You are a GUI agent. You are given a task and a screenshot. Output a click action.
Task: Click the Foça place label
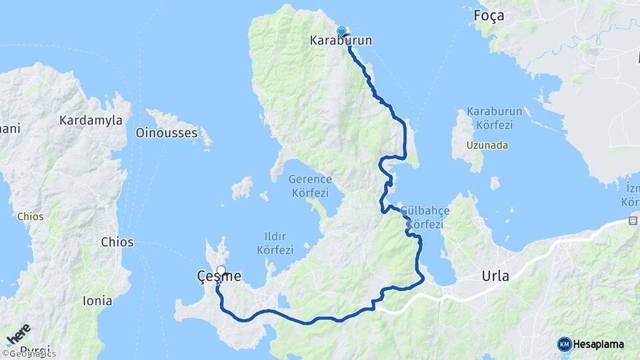(x=488, y=15)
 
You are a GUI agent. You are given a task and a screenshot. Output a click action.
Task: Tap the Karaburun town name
(x=341, y=41)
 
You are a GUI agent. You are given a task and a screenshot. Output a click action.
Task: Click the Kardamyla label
(x=91, y=121)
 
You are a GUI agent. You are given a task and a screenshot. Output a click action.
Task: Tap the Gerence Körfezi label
(x=310, y=185)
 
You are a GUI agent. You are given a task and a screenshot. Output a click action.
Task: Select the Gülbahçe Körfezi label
(x=425, y=217)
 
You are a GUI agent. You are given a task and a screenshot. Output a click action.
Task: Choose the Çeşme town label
(x=219, y=275)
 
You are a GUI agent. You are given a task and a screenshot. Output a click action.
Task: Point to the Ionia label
(x=97, y=301)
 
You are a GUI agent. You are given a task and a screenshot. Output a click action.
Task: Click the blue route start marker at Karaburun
(x=341, y=31)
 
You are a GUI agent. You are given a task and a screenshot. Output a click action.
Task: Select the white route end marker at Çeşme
(x=221, y=271)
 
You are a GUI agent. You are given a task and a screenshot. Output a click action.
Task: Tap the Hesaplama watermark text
(x=599, y=344)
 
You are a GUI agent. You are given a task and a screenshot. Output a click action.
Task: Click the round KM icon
(x=564, y=344)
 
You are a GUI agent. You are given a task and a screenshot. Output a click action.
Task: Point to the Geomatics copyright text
(x=29, y=354)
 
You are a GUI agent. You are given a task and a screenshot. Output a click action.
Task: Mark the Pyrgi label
(x=35, y=349)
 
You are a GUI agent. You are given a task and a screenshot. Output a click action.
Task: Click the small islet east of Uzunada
(x=495, y=182)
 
